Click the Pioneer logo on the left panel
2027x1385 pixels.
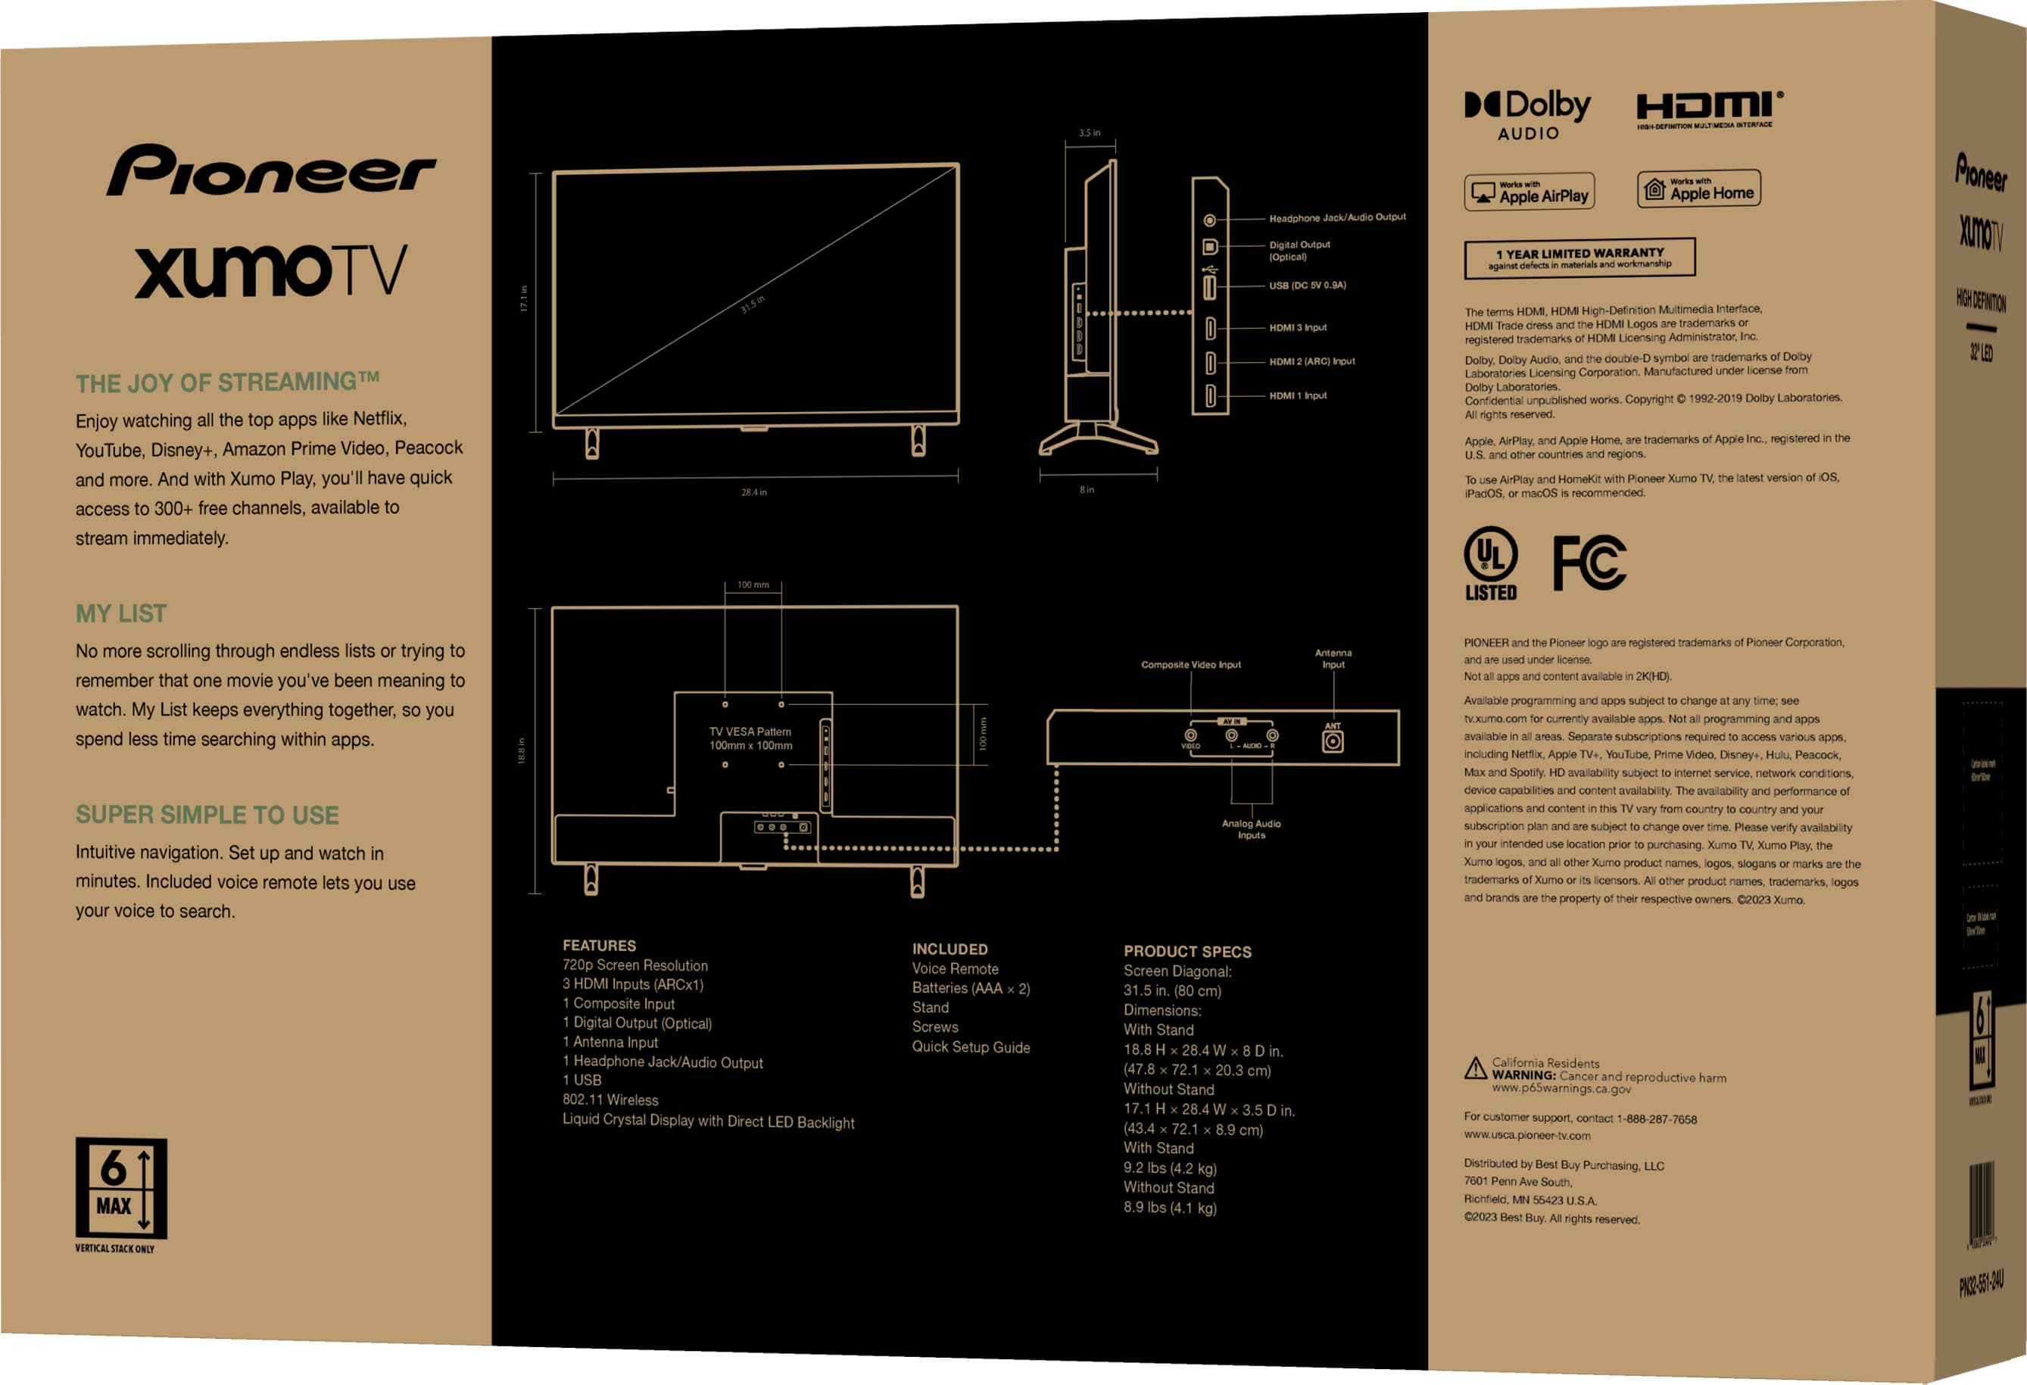click(x=271, y=170)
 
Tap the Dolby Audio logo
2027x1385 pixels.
click(x=1527, y=114)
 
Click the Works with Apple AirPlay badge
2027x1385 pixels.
click(x=1529, y=192)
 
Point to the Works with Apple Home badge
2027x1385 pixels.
click(x=1698, y=189)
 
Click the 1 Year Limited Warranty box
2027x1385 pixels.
click(x=1580, y=258)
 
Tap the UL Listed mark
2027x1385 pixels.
click(x=1491, y=563)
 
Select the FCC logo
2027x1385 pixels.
click(x=1589, y=563)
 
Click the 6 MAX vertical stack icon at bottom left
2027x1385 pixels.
click(x=121, y=1188)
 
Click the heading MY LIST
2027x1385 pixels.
click(x=121, y=614)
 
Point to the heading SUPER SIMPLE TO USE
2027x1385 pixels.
click(x=207, y=815)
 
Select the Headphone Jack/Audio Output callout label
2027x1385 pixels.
click(x=1337, y=217)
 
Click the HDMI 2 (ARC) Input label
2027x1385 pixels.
click(x=1311, y=361)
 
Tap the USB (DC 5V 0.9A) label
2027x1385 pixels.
click(x=1308, y=285)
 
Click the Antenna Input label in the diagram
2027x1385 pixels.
click(x=1333, y=659)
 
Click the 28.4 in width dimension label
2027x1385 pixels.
click(x=753, y=492)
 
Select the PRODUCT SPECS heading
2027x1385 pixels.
click(x=1187, y=952)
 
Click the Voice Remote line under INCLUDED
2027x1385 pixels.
click(x=955, y=969)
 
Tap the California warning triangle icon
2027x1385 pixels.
click(x=1475, y=1068)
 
